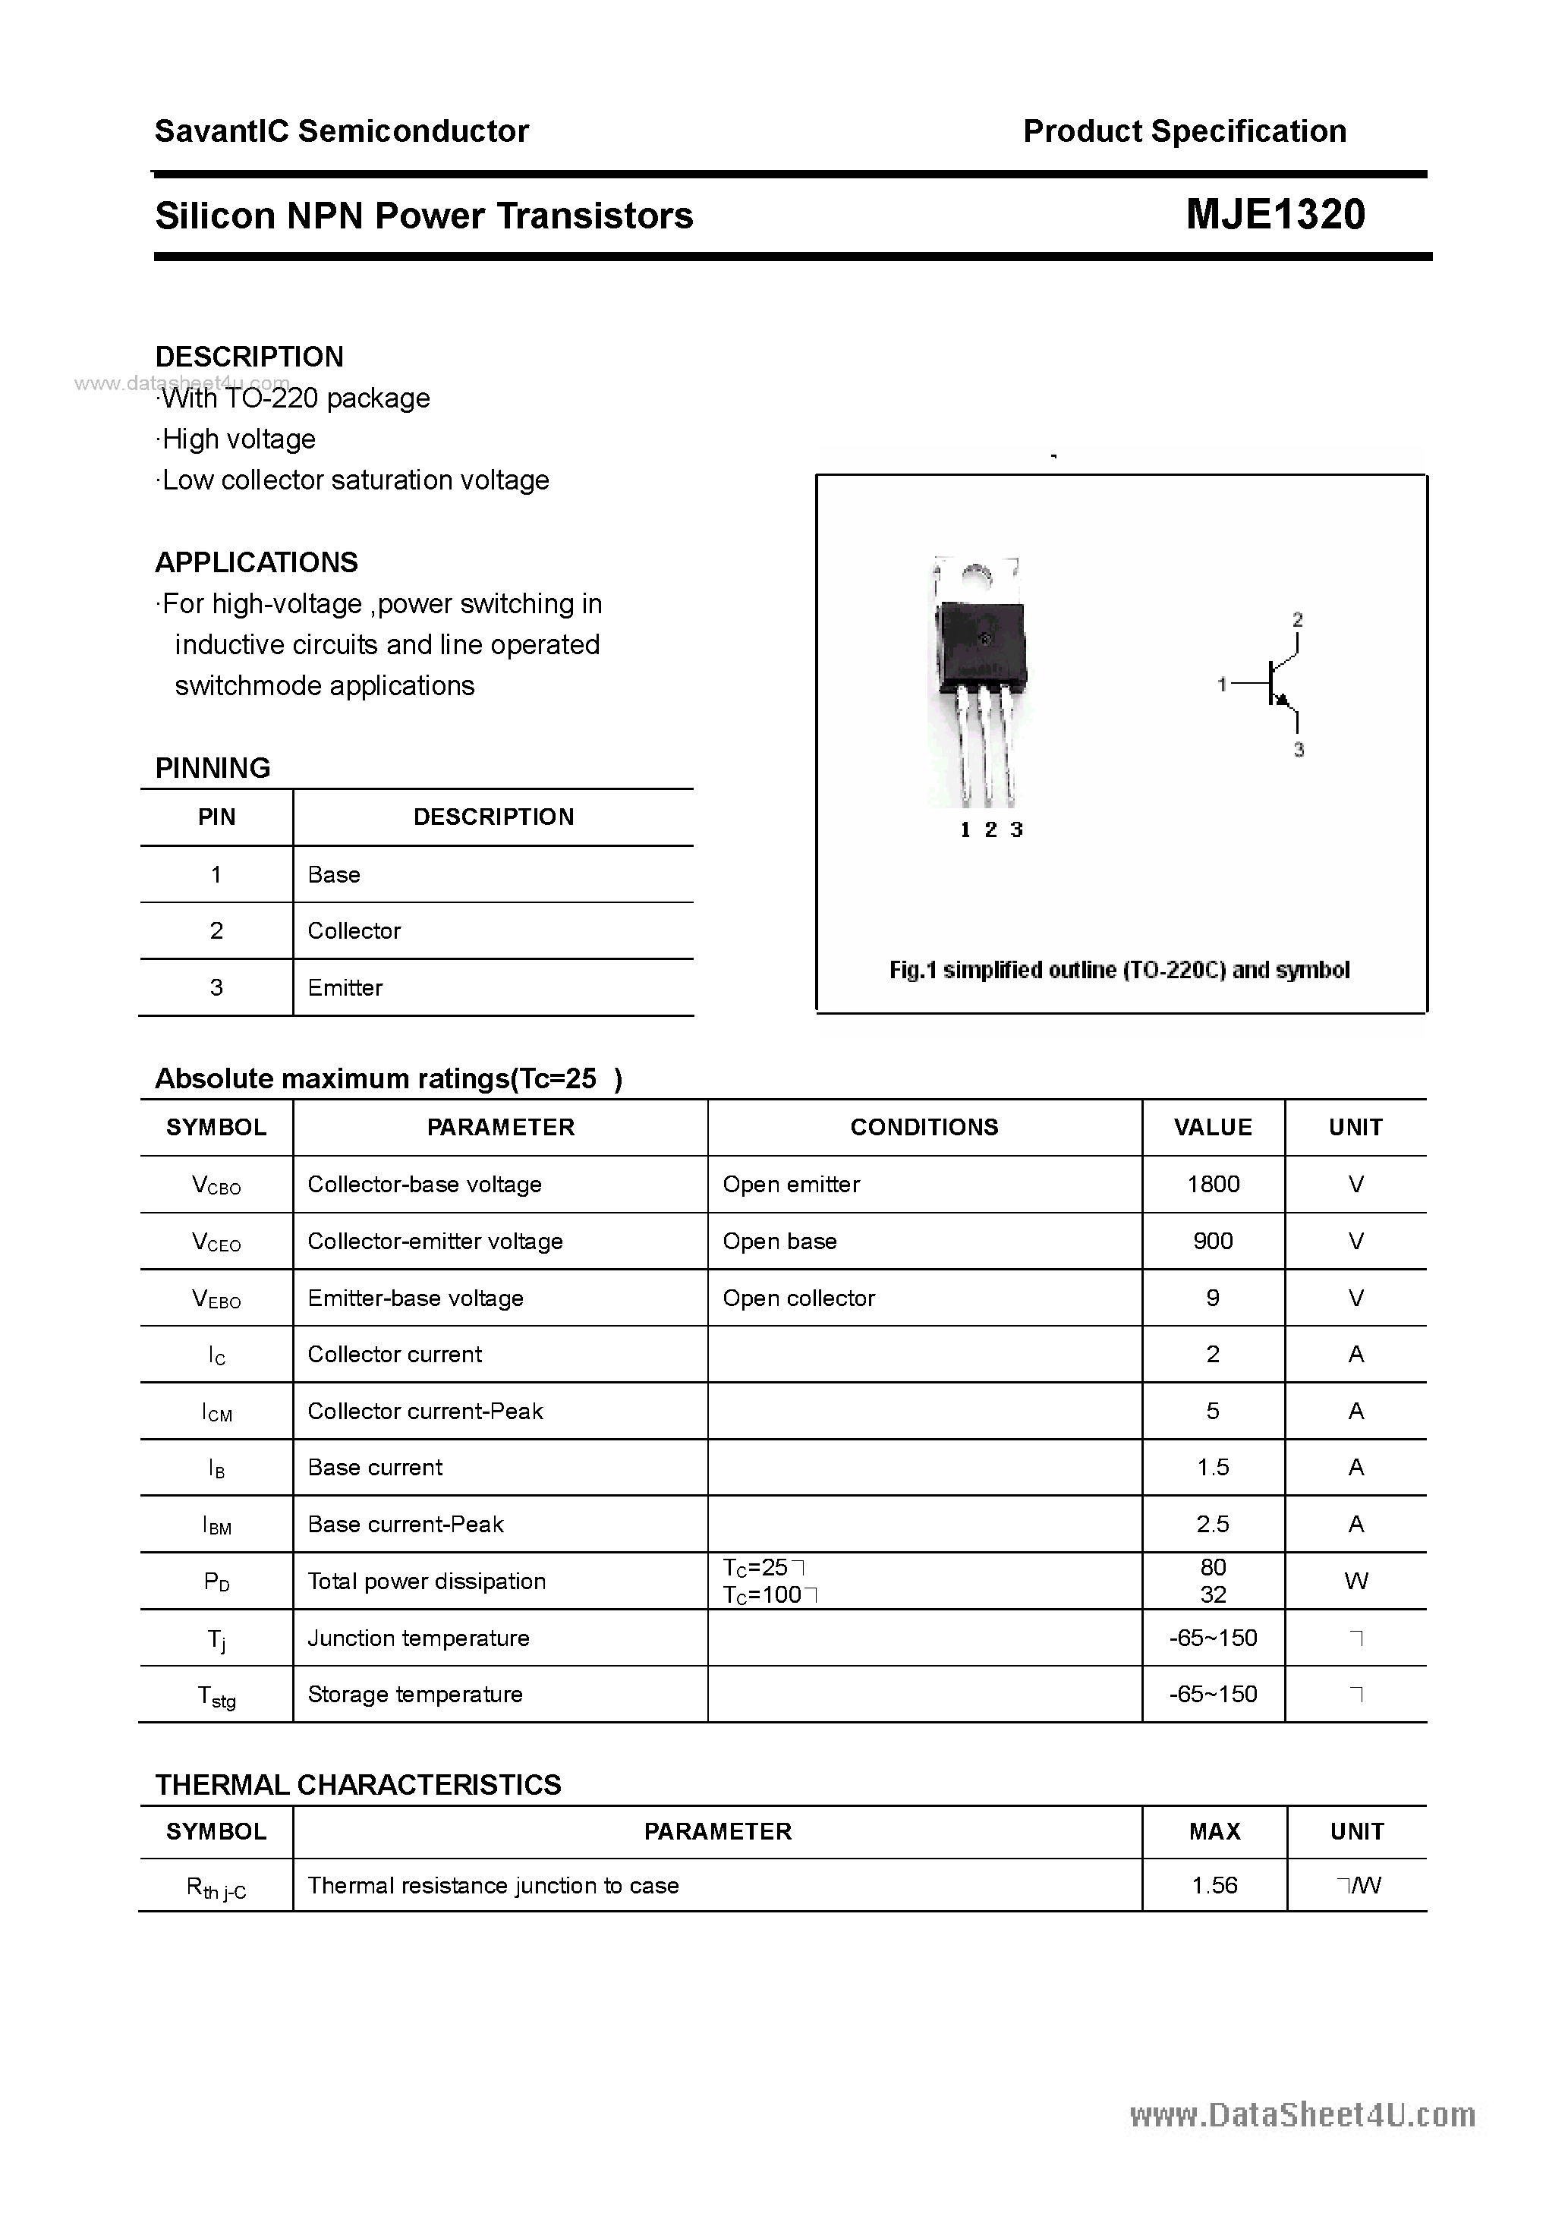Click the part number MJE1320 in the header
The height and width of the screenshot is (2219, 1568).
1275,215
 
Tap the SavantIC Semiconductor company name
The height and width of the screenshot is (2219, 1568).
342,131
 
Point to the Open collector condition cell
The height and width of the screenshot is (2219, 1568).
798,1298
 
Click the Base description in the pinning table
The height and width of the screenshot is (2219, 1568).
333,875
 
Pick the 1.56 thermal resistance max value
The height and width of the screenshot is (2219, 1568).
1214,1884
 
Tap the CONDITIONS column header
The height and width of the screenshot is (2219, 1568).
924,1127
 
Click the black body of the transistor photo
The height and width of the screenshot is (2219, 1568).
981,642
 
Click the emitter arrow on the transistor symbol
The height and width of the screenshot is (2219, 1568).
1284,700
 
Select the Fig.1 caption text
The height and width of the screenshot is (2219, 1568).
1119,969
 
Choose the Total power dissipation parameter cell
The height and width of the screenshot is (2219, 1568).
427,1581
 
